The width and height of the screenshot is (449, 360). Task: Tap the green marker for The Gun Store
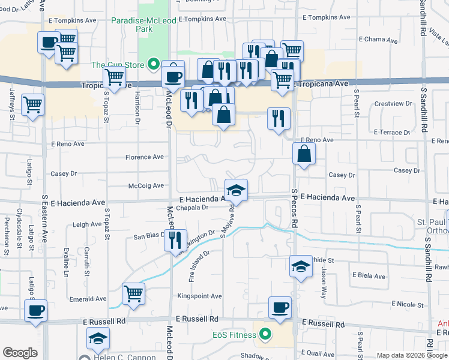pyautogui.click(x=154, y=64)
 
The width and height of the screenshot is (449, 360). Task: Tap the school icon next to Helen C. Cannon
pyautogui.click(x=98, y=339)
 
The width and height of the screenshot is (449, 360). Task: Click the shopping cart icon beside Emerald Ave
pyautogui.click(x=133, y=294)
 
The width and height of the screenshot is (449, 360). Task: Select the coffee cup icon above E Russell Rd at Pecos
pyautogui.click(x=280, y=308)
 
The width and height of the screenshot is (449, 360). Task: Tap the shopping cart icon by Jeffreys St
pyautogui.click(x=32, y=105)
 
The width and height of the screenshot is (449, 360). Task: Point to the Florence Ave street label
pyautogui.click(x=144, y=157)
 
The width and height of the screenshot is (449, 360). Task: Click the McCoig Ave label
pyautogui.click(x=146, y=186)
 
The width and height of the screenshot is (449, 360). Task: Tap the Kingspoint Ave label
pyautogui.click(x=199, y=296)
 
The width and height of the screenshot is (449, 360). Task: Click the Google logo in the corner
pyautogui.click(x=20, y=353)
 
